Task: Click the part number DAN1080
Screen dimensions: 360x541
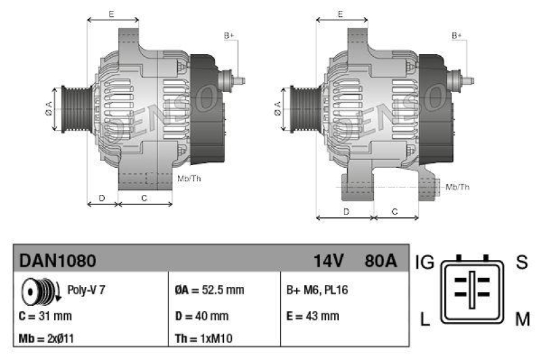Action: pos(57,261)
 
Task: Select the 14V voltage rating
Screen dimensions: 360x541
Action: pos(329,261)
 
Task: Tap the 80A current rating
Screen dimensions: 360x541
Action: pos(381,261)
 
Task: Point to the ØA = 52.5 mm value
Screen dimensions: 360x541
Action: pos(209,290)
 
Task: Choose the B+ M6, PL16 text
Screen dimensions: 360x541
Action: pos(318,290)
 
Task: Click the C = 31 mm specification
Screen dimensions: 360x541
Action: pos(45,316)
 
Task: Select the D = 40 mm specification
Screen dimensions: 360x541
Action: pos(202,316)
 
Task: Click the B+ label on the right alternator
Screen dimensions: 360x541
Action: pos(456,35)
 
